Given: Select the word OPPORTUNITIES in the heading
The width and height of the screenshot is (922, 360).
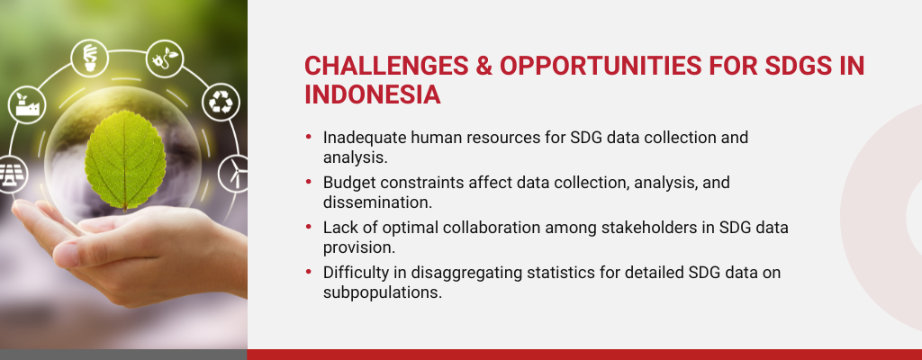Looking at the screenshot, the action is pyautogui.click(x=601, y=66).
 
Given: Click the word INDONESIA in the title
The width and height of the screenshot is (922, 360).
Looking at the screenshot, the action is pyautogui.click(x=372, y=94).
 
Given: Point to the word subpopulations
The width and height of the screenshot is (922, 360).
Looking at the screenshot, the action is pyautogui.click(x=382, y=292).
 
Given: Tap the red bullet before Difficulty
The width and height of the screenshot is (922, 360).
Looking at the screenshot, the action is pyautogui.click(x=309, y=272).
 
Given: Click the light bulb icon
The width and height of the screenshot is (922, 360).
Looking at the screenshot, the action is pyautogui.click(x=89, y=58).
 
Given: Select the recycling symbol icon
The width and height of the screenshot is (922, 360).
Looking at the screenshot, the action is pyautogui.click(x=221, y=103).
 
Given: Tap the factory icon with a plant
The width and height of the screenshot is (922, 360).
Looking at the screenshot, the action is pyautogui.click(x=26, y=104).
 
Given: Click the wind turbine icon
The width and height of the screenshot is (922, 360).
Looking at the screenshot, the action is pyautogui.click(x=234, y=174).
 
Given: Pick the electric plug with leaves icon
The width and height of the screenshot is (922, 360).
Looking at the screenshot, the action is pyautogui.click(x=165, y=58).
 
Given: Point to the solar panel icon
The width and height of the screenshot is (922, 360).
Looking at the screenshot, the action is pyautogui.click(x=10, y=175).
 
